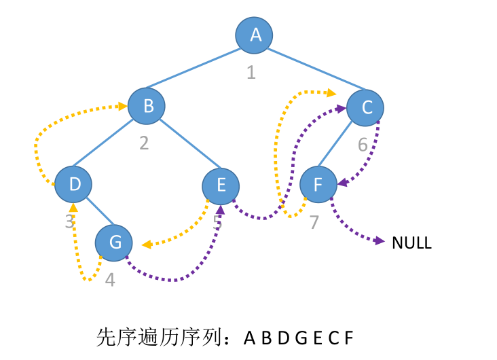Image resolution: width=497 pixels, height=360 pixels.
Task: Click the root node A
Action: [255, 35]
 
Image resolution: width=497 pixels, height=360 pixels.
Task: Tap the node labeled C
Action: [365, 107]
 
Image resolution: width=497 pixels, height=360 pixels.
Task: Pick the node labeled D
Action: [73, 183]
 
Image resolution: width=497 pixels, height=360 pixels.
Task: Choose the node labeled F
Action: [318, 183]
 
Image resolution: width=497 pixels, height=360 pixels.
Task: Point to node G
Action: [113, 242]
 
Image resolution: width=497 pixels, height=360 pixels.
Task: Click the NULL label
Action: [411, 242]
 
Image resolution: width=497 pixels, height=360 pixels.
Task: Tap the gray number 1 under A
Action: [251, 71]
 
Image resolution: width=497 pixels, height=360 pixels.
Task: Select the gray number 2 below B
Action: [144, 143]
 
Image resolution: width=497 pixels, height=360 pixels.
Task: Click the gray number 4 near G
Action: [110, 279]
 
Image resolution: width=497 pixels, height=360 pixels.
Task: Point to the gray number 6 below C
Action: [363, 145]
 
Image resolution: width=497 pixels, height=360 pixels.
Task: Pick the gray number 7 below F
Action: [314, 222]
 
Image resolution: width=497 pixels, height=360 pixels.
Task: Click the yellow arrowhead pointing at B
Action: [124, 106]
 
